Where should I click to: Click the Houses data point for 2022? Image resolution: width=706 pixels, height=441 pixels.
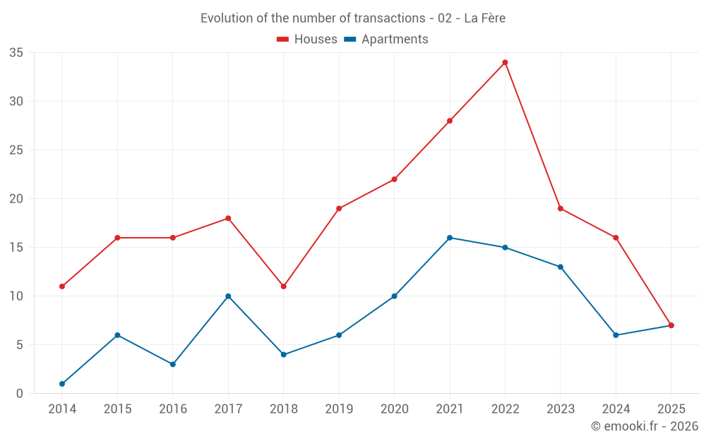(x=505, y=62)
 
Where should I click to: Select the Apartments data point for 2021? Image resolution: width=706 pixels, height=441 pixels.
(x=450, y=238)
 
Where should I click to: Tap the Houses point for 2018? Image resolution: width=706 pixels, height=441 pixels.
(x=283, y=286)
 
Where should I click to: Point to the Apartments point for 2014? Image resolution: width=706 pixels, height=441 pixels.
(x=62, y=384)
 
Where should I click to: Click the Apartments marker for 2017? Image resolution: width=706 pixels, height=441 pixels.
(x=228, y=296)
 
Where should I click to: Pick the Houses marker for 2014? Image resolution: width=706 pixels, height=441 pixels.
(x=62, y=286)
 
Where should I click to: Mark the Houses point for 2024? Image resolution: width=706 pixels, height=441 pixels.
(x=616, y=238)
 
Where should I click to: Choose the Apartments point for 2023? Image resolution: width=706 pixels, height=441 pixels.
(x=561, y=267)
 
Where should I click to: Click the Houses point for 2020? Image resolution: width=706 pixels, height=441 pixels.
(x=394, y=179)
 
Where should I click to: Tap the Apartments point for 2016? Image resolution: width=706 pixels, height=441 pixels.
(x=173, y=364)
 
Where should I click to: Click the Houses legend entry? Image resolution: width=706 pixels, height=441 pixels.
(x=307, y=40)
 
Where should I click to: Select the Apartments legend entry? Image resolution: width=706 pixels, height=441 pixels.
(x=386, y=40)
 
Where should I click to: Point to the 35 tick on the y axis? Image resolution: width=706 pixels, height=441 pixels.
(x=16, y=53)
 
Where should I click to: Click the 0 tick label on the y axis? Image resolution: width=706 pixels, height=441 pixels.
(x=20, y=394)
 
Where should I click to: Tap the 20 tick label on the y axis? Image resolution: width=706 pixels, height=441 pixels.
(x=16, y=199)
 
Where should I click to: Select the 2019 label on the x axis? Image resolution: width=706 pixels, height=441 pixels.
(x=339, y=409)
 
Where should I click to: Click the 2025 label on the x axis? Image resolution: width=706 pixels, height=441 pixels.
(x=671, y=409)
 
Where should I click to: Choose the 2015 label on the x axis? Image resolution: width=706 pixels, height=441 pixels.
(x=117, y=409)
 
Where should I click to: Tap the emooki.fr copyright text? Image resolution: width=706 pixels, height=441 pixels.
(x=645, y=426)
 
